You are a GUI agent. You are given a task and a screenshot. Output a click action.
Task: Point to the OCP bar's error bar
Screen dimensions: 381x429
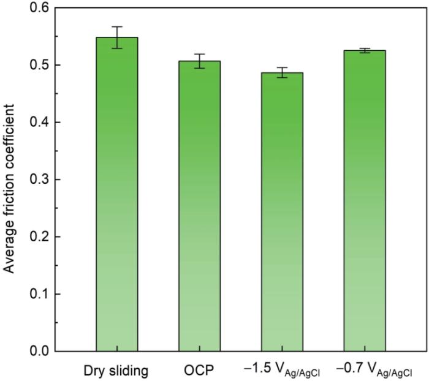(199, 61)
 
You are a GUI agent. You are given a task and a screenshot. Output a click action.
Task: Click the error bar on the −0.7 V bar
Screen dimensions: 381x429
(365, 50)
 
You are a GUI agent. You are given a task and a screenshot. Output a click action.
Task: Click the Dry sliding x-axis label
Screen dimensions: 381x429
(116, 370)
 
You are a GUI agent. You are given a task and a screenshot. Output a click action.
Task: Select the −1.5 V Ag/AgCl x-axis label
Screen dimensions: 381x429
(282, 371)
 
